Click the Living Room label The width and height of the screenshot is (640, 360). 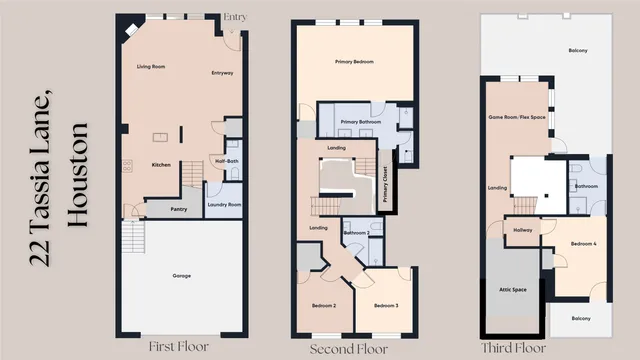coord(151,66)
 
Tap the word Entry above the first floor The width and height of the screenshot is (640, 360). coord(235,17)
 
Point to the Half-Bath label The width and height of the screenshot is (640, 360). coord(226,160)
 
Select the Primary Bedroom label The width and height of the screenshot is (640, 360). coord(354,62)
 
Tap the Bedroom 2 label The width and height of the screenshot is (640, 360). coord(321,305)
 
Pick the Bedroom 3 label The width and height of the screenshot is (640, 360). coord(386,305)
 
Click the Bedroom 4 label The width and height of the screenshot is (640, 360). coord(585,244)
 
